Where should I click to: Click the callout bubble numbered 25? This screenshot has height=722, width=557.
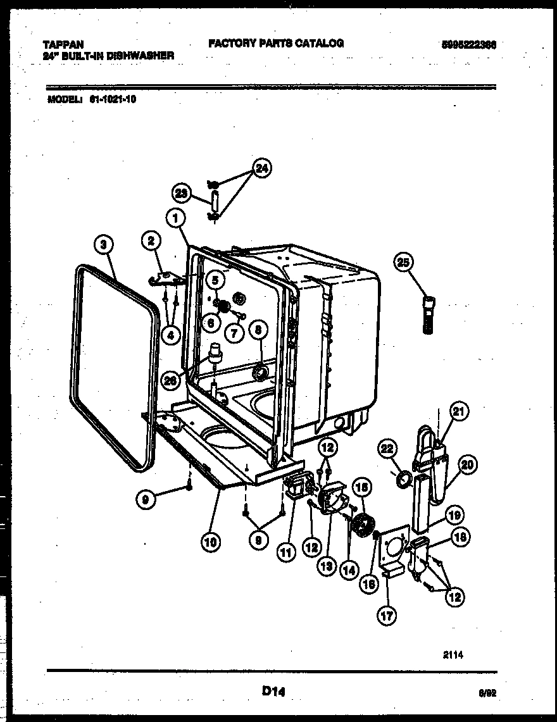404,261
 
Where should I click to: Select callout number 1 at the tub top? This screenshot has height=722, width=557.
176,218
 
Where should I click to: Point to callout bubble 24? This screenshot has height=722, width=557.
260,168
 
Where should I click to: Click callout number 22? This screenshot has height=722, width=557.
387,449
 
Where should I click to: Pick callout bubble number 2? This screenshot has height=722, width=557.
151,240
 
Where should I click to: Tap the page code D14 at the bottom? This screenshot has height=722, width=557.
274,692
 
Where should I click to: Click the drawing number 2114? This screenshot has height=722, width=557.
453,656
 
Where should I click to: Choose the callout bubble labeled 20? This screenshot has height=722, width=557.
468,465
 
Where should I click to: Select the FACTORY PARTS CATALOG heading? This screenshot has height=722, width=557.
276,43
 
